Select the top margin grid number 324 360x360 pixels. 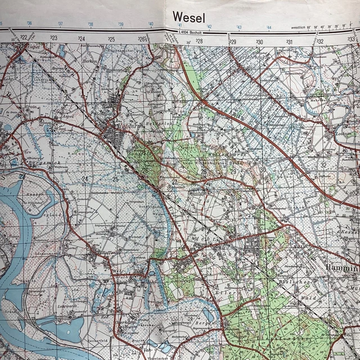tap(82, 38)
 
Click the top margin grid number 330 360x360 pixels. tap(259, 42)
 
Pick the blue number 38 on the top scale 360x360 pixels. tap(91, 24)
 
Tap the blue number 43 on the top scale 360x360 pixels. tap(239, 27)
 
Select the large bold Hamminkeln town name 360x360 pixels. tap(342, 269)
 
